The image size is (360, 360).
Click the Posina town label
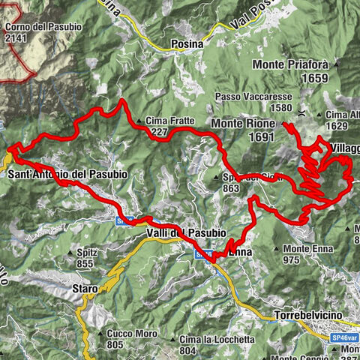[187, 43]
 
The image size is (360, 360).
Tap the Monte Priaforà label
[306, 64]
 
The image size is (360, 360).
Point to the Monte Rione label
[243, 122]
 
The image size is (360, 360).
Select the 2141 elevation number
[16, 37]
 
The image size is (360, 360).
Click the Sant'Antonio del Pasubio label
[67, 174]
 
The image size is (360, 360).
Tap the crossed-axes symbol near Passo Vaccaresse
[301, 113]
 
